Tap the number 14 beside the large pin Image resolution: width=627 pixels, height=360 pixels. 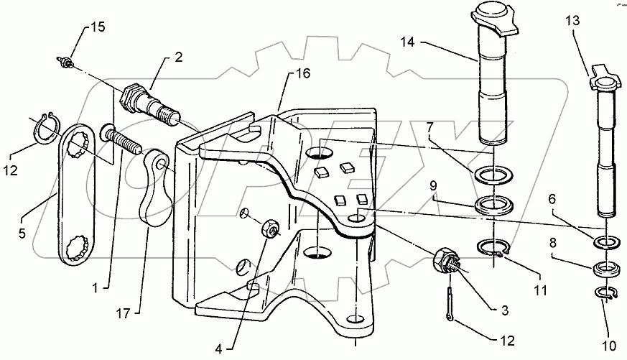pos(409,43)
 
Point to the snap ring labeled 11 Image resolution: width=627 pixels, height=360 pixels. pos(494,248)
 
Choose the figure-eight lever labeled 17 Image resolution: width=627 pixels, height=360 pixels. pos(155,183)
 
